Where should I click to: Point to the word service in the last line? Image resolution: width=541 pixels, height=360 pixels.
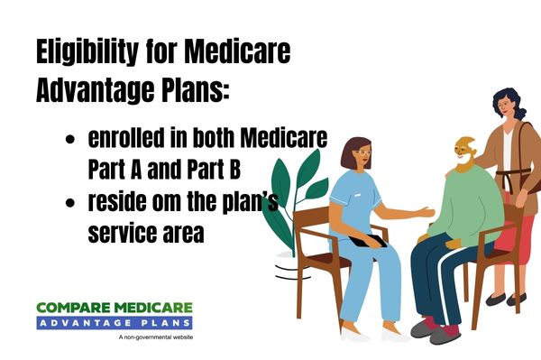pyautogui.click(x=121, y=233)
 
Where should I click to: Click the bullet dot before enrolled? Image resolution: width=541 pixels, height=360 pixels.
pyautogui.click(x=69, y=143)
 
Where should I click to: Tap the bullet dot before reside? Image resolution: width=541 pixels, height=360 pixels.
pyautogui.click(x=69, y=205)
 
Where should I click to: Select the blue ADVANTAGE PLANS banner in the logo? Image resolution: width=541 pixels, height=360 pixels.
pyautogui.click(x=115, y=322)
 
